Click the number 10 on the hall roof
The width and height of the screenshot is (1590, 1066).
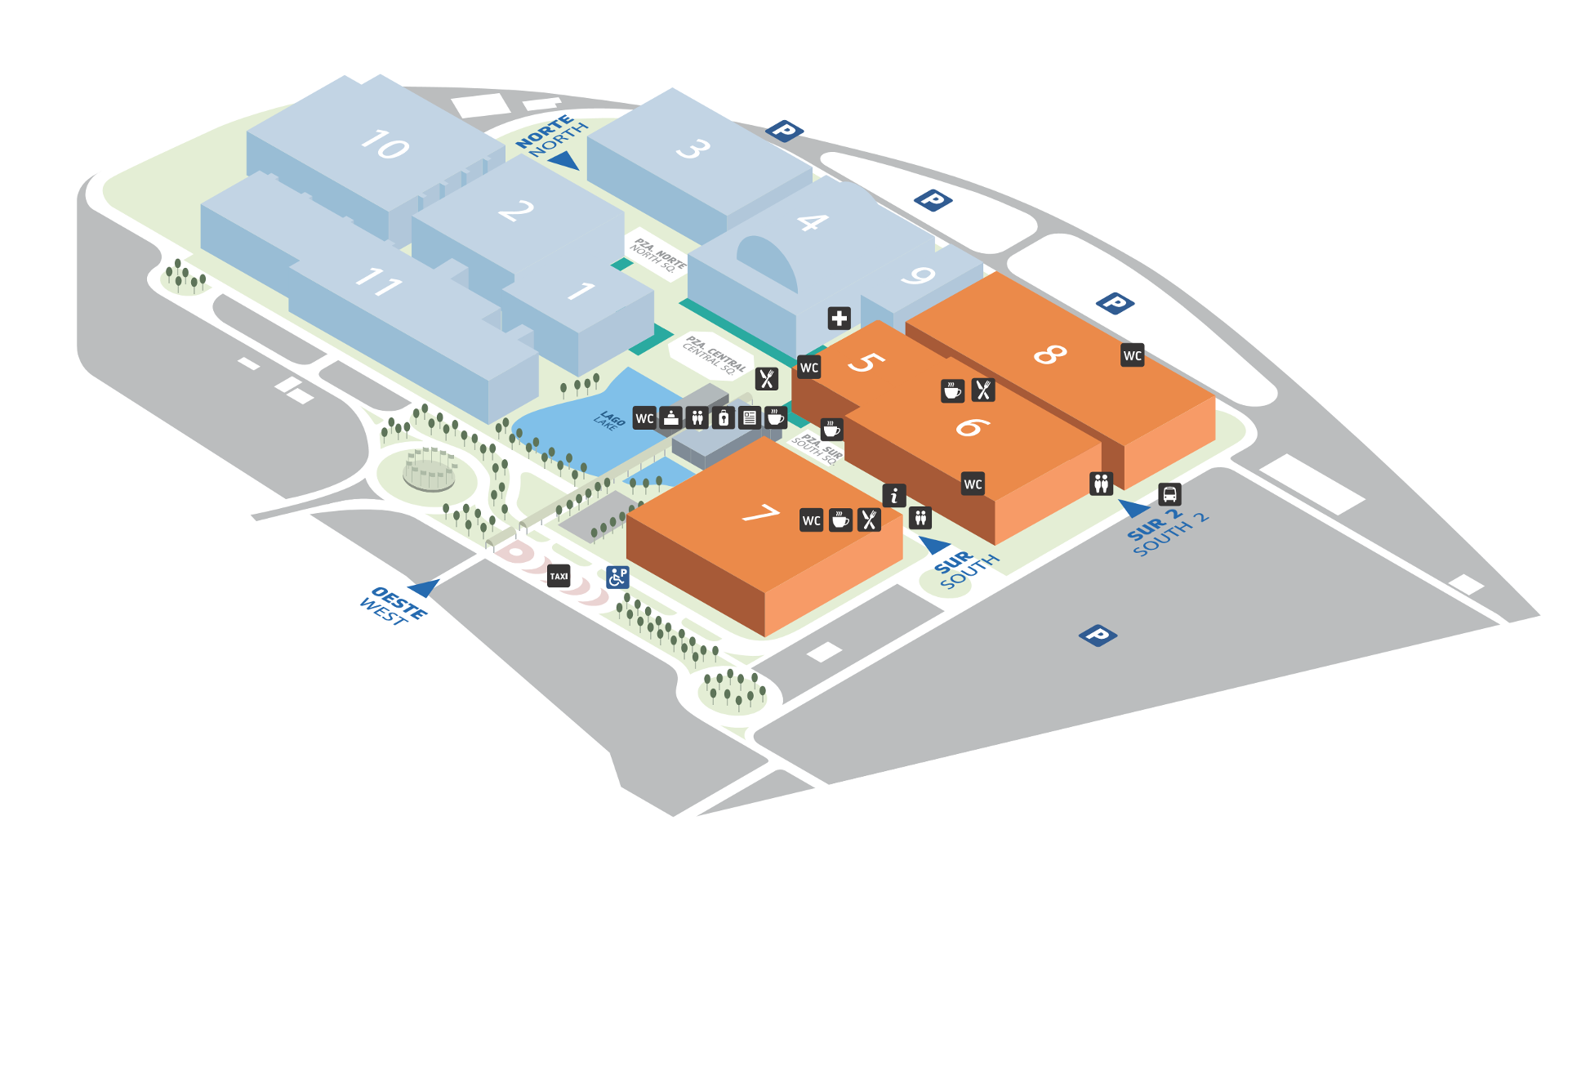[x=385, y=145]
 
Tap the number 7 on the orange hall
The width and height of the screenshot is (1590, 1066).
[x=760, y=514]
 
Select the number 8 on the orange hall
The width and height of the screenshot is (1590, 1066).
[x=1050, y=353]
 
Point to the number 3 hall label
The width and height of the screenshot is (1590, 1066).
[x=693, y=149]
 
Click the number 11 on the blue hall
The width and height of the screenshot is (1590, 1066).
[x=378, y=282]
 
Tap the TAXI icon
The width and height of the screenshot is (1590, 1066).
[x=559, y=576]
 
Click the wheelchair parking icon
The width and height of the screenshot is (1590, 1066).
[x=617, y=578]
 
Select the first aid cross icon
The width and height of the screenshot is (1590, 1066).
[x=839, y=318]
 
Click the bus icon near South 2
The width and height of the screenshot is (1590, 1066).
[x=1169, y=494]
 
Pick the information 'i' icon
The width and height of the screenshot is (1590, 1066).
[x=894, y=495]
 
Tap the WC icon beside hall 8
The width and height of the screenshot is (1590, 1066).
[x=1132, y=355]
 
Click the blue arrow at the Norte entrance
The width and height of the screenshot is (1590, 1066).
[x=563, y=160]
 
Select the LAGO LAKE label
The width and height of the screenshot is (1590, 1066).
[x=609, y=420]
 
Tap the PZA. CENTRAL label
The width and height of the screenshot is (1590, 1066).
[x=714, y=354]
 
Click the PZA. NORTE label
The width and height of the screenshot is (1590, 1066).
[x=658, y=254]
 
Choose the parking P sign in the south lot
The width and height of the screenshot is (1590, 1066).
[x=1098, y=635]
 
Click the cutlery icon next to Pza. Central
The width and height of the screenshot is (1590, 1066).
[x=766, y=378]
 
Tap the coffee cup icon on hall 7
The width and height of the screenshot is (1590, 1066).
[x=840, y=520]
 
